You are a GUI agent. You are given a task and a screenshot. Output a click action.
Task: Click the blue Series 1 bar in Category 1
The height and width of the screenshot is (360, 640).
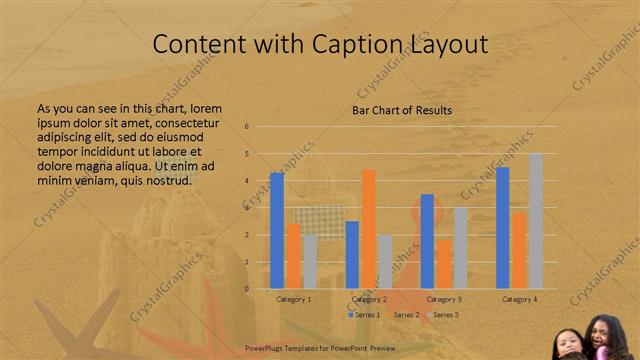[x=277, y=231]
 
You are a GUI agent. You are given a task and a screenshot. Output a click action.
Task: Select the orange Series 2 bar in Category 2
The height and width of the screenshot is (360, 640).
[x=368, y=229]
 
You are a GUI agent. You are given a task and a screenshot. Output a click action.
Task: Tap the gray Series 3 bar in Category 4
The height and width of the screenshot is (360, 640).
[x=536, y=221]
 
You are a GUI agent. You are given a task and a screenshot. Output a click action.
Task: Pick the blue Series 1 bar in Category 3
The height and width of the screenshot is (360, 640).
[x=427, y=241]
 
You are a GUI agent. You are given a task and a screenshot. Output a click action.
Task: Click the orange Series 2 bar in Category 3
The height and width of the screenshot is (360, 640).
[x=444, y=264]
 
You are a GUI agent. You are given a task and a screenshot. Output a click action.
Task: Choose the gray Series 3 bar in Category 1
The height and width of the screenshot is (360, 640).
[x=311, y=262]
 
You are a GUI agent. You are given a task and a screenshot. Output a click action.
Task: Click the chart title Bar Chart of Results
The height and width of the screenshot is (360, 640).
[x=402, y=110]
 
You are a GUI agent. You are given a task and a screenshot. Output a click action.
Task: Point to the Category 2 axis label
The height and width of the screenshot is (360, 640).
[x=370, y=299]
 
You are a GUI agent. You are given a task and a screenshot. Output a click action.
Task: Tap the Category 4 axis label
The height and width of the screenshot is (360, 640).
[x=520, y=299]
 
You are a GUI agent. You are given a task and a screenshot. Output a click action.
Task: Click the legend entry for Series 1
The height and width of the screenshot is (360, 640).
[x=365, y=315]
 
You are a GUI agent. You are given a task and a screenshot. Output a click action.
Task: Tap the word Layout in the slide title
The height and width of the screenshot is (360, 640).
[x=446, y=45]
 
